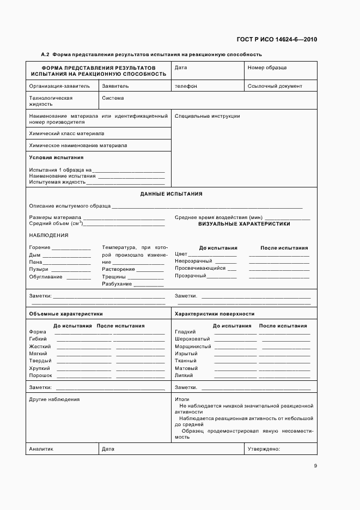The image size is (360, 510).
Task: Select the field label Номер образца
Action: [267, 68]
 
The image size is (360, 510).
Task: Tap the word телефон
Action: [186, 86]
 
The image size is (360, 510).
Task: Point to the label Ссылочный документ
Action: [274, 86]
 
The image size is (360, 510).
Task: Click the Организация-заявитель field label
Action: [59, 86]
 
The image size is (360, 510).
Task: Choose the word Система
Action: [113, 98]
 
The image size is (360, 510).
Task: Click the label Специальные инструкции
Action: [207, 116]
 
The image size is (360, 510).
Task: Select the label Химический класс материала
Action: [66, 133]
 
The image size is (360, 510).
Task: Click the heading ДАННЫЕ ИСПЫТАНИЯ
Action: [171, 193]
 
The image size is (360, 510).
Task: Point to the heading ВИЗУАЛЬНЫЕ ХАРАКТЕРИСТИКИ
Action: [244, 224]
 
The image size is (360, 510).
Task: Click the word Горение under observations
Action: [39, 248]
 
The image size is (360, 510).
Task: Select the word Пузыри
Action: [38, 269]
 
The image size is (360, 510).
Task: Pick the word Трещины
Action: [114, 277]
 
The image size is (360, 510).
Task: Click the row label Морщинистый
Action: [193, 347]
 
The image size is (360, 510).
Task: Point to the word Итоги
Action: [181, 399]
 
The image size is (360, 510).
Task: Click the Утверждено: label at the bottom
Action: [264, 449]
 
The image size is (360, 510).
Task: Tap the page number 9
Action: [315, 466]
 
